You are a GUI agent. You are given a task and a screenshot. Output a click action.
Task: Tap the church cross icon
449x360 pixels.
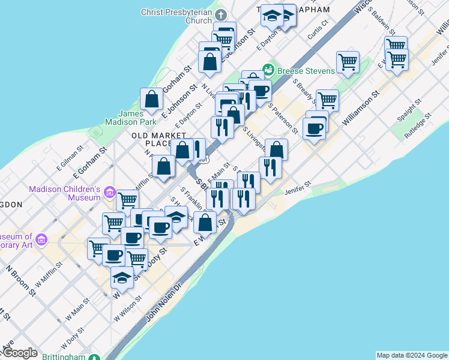pyautogui.click(x=220, y=13)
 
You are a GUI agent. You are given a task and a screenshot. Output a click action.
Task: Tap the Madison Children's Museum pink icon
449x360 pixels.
pyautogui.click(x=109, y=193)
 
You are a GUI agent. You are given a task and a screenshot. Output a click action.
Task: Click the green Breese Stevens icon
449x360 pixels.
pyautogui.click(x=268, y=71)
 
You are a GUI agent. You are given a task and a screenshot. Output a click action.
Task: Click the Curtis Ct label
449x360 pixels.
pyautogui.click(x=318, y=31)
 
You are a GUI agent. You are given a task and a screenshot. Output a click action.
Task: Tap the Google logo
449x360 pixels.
pyautogui.click(x=20, y=353)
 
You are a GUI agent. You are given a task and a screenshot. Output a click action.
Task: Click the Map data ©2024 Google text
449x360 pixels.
pyautogui.click(x=411, y=355)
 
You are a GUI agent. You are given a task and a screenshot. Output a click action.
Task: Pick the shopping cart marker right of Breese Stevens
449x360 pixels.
pyautogui.click(x=348, y=62)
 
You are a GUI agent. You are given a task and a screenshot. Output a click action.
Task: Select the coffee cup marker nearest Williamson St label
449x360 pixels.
pyautogui.click(x=314, y=128)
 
